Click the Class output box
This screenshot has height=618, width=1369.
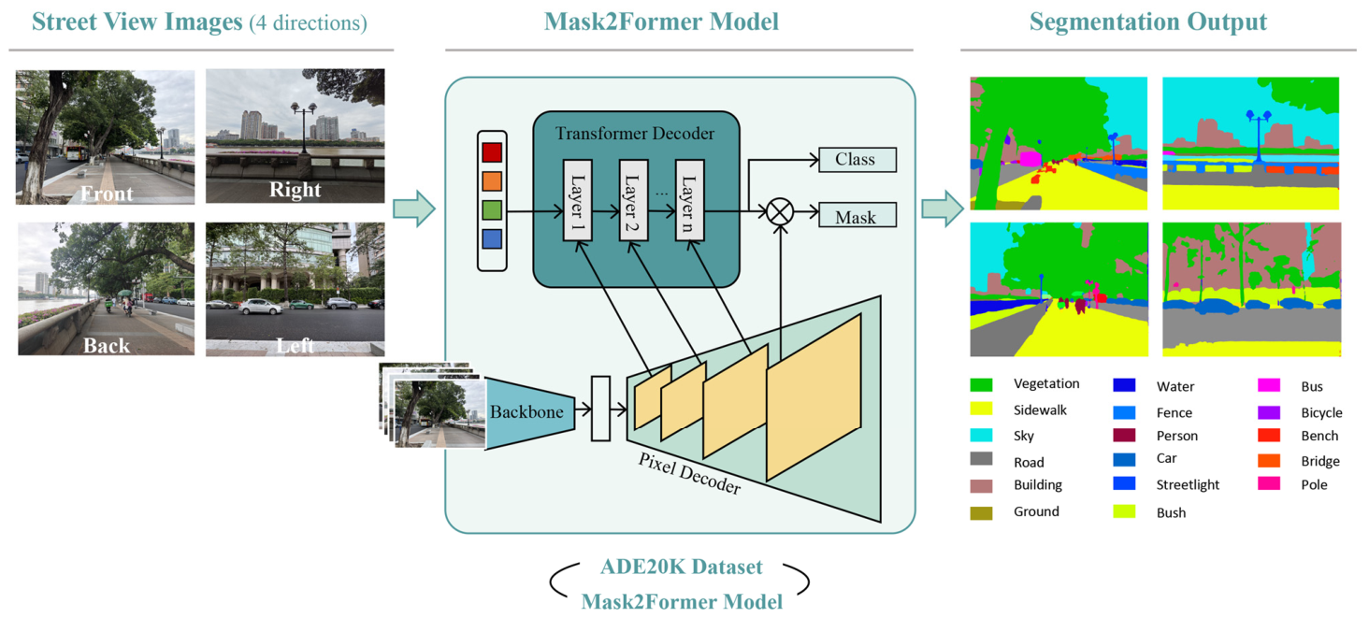(x=857, y=160)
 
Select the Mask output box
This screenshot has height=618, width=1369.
(x=857, y=215)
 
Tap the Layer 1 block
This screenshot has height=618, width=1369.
(x=578, y=200)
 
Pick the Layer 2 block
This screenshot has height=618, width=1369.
(x=633, y=200)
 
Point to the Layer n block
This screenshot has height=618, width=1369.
(x=689, y=200)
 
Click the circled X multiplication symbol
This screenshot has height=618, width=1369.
(x=780, y=212)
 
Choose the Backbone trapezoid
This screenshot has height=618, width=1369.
(x=530, y=413)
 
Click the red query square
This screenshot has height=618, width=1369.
(x=492, y=152)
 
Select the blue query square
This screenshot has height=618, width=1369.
(x=492, y=238)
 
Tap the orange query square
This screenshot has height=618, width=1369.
(x=492, y=181)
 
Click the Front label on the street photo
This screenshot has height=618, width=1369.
(x=107, y=194)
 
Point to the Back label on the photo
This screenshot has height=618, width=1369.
(x=107, y=345)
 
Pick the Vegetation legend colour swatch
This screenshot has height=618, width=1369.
(x=981, y=384)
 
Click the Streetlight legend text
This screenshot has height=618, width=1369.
(x=1188, y=484)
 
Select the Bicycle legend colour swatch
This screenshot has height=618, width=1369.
(x=1269, y=412)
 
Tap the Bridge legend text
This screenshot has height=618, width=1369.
(x=1320, y=461)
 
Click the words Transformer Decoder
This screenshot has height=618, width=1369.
(x=634, y=134)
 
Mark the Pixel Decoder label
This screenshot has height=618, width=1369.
(x=689, y=473)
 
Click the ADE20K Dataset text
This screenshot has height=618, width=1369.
(x=681, y=567)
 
